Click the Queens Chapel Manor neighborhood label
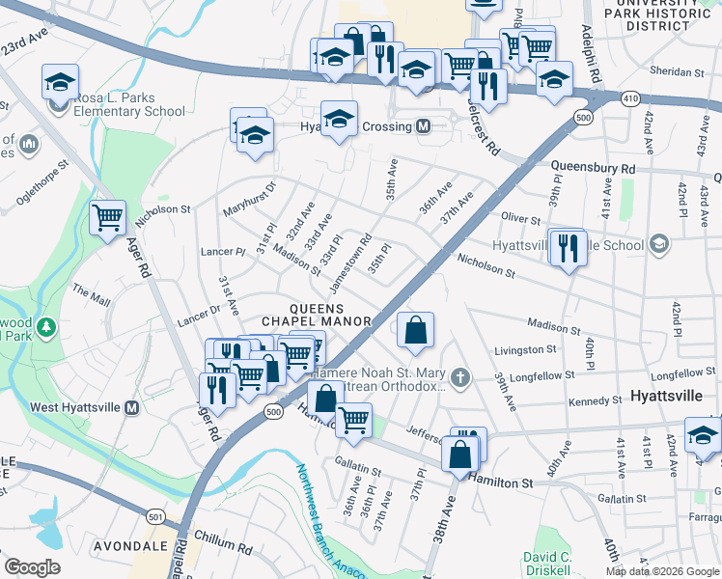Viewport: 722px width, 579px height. pos(318,314)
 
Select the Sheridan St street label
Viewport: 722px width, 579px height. pos(678,72)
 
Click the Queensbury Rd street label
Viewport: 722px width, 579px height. pos(594,168)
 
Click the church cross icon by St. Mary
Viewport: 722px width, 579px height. pos(461,375)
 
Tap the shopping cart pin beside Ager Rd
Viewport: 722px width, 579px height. pos(107,217)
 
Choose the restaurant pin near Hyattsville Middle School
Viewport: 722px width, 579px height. pos(569,247)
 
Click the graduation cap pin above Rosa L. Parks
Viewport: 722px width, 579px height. pos(60,83)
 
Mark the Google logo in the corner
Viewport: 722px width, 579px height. pos(32,567)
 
